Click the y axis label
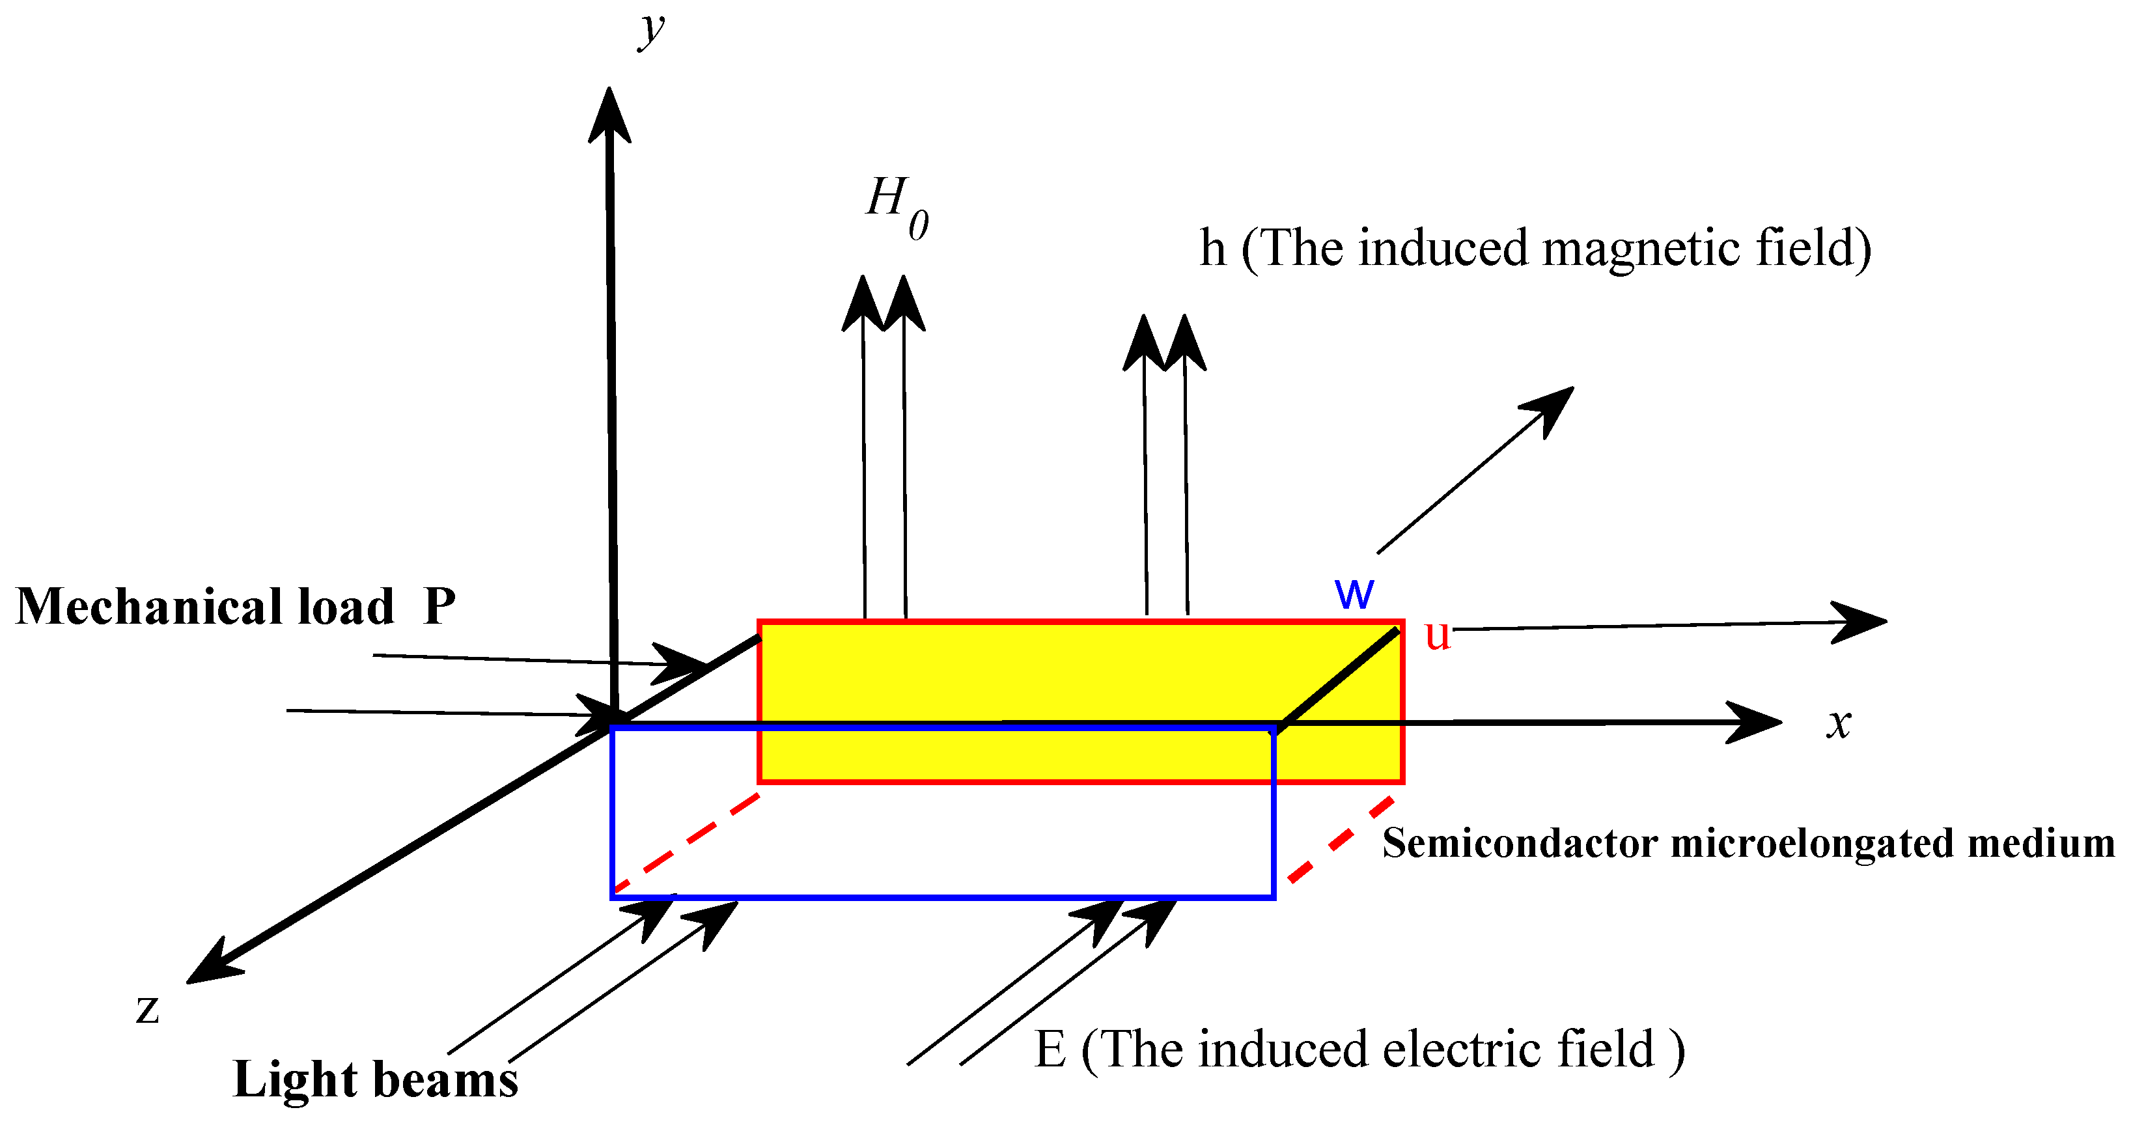652,31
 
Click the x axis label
1838,724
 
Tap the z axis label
147,1008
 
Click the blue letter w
1354,592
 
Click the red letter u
1437,635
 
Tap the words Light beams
376,1079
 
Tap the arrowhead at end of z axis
211,965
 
